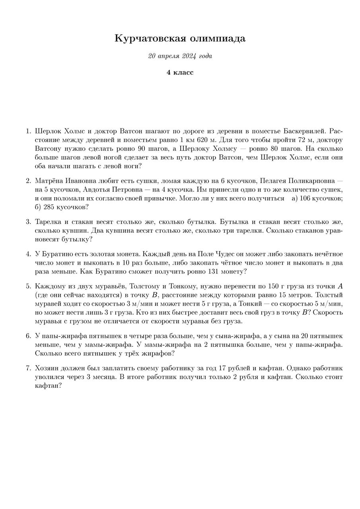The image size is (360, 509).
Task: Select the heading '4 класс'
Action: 180,72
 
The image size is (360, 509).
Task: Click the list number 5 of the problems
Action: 28,286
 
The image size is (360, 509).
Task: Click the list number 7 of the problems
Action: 28,368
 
